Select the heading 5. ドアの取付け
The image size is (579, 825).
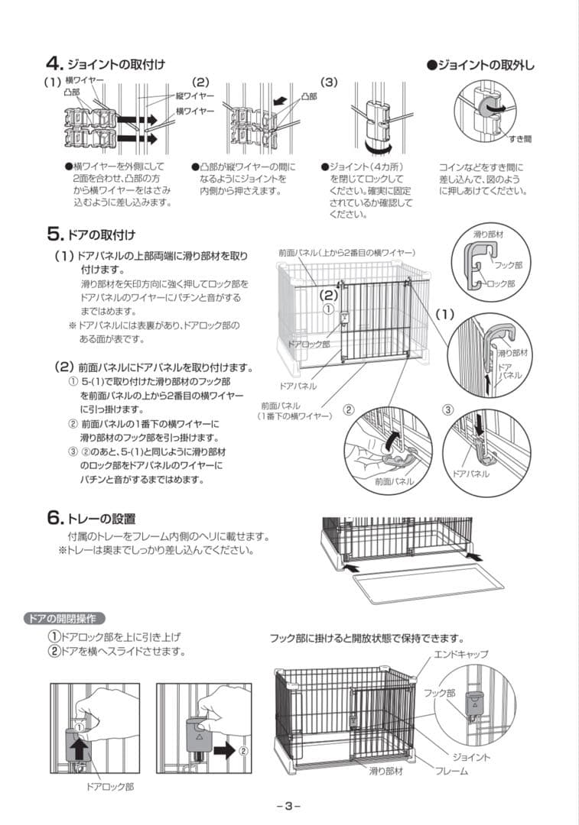(91, 233)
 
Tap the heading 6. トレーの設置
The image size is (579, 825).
(91, 519)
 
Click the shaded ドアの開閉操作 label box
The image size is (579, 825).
(65, 618)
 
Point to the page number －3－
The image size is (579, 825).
(288, 805)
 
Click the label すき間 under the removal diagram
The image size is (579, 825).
(520, 140)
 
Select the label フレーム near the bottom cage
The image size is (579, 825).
(452, 771)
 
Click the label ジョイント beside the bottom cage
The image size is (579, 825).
(471, 756)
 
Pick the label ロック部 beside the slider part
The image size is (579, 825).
(500, 283)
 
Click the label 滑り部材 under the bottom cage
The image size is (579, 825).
(386, 771)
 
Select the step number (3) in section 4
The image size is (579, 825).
(329, 82)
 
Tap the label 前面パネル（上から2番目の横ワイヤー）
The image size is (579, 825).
(346, 251)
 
